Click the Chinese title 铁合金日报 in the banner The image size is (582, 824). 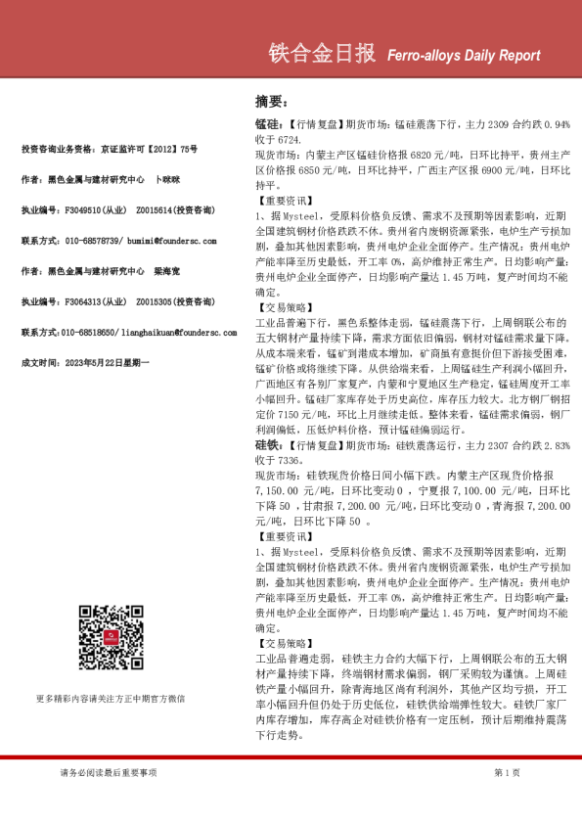pyautogui.click(x=321, y=55)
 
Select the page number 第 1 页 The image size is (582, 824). pyautogui.click(x=507, y=773)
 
